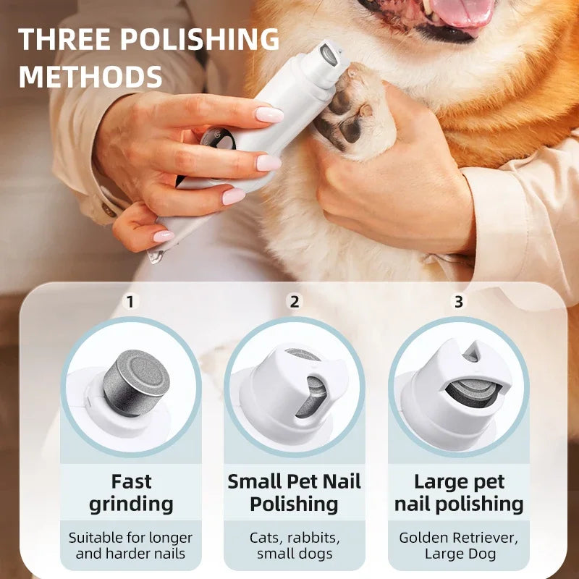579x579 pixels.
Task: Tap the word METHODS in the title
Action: pos(90,75)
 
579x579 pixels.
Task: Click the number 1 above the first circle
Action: pos(130,301)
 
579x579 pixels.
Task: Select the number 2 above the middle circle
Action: pos(294,301)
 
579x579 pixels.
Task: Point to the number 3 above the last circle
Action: pos(458,301)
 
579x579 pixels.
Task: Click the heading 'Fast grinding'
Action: pos(131,492)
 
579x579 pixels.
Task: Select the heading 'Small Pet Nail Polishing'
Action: pos(294,492)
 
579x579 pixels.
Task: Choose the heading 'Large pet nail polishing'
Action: pos(458,492)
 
